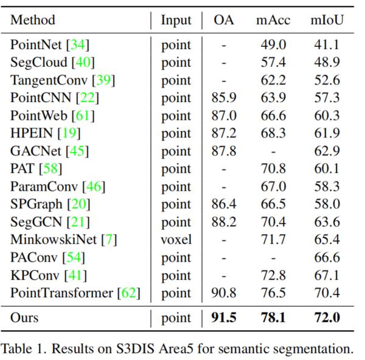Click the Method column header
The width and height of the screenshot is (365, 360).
click(x=33, y=20)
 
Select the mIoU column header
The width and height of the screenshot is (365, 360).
click(x=327, y=20)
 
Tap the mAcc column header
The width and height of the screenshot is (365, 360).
click(x=273, y=20)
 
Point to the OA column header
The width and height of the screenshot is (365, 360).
click(x=223, y=20)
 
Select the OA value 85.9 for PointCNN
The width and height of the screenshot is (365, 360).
click(x=223, y=97)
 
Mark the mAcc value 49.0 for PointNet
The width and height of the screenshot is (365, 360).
click(x=273, y=45)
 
